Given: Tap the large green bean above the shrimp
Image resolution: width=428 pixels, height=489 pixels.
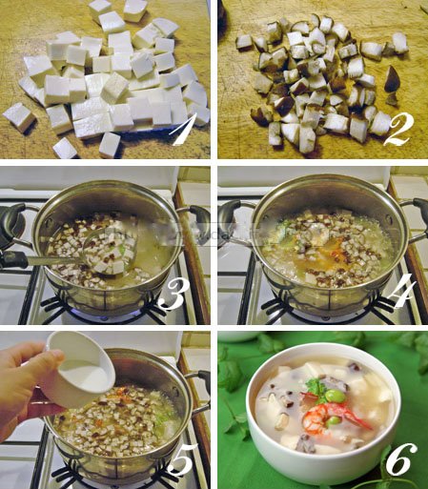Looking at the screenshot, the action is point(336,397).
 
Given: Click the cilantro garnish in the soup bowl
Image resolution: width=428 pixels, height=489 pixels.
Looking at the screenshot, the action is point(316,387).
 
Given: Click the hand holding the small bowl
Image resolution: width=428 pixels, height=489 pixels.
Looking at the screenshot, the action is point(27,388).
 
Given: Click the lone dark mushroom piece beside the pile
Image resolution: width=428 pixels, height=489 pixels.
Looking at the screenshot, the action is point(391,78).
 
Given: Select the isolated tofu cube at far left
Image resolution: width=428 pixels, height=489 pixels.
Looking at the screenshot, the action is point(18,117).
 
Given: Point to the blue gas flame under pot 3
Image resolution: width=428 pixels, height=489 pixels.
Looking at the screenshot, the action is point(105,316).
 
